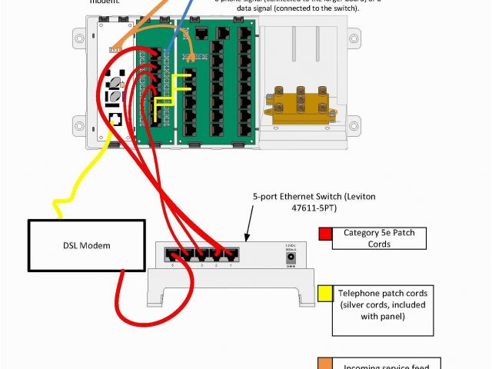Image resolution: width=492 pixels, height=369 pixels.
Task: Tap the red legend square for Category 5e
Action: coord(325,234)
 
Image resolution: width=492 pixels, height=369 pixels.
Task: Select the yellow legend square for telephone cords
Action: coord(324,294)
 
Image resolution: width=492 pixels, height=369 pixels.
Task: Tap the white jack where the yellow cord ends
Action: coord(115,119)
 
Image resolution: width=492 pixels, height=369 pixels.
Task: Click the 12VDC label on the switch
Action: coord(291,246)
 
